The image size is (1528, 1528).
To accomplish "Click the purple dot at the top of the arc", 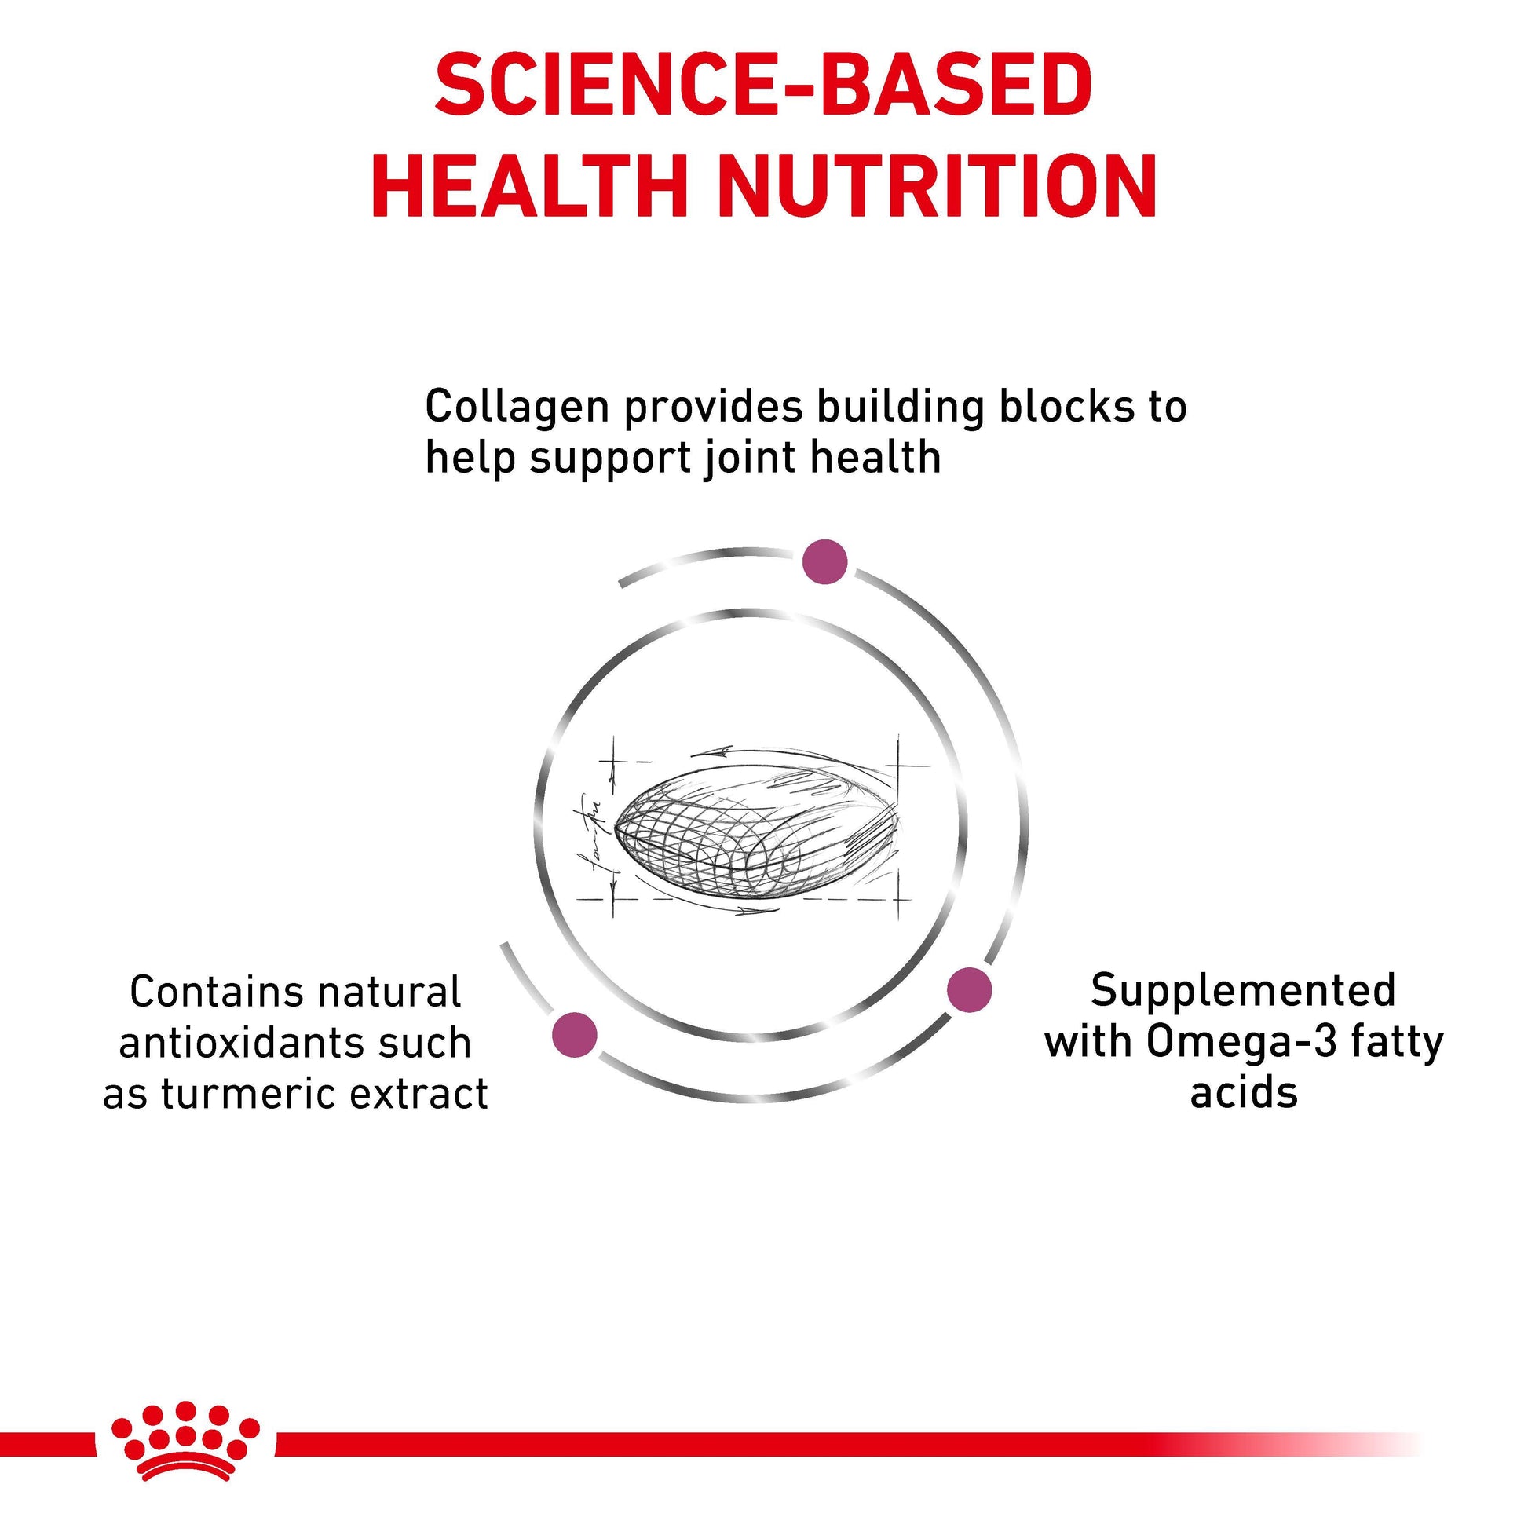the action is (x=825, y=562).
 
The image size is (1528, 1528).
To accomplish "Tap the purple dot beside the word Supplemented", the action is (x=970, y=989).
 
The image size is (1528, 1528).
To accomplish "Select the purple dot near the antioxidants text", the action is (x=575, y=1034).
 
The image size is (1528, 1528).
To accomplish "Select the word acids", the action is (x=1244, y=1094).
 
